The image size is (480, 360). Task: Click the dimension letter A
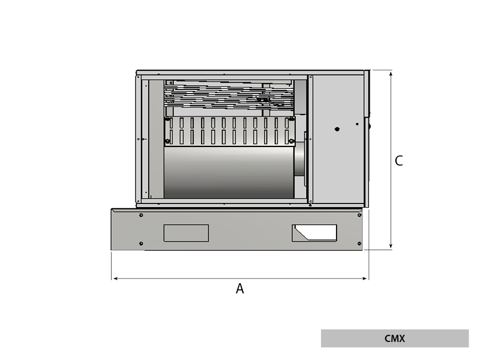coord(239,289)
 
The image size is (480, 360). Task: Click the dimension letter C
coord(398,161)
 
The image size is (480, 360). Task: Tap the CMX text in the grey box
coord(394,338)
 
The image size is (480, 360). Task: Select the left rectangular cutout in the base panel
coord(186,233)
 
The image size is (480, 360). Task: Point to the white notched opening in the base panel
coord(317,232)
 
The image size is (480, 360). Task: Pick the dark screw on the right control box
coord(337,129)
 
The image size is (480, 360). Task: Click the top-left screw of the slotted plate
coord(168,119)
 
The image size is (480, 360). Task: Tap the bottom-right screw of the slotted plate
coord(291,141)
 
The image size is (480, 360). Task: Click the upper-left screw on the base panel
coord(141,215)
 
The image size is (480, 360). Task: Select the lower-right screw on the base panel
coord(359,243)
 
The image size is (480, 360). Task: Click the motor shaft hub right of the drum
coord(300,160)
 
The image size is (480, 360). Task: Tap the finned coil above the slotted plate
coord(228,97)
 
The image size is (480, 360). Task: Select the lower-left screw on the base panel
coord(141,243)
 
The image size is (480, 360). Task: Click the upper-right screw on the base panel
coord(359,215)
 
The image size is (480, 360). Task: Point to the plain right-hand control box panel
coord(337,162)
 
